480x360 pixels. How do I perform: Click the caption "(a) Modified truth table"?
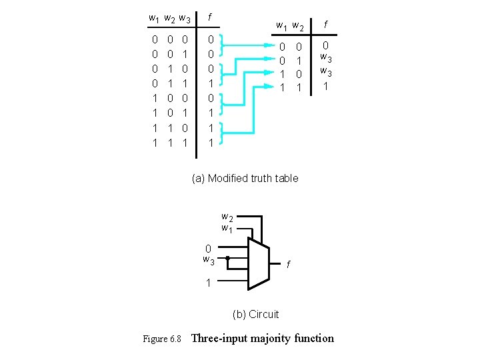point(245,178)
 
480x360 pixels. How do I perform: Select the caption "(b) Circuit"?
point(255,314)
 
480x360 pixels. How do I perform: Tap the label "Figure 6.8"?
point(162,339)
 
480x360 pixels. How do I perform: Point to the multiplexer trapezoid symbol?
point(258,263)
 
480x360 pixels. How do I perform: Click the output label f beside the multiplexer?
point(288,265)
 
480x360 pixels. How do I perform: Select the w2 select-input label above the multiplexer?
point(227,217)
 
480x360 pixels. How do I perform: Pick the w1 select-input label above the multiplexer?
point(227,229)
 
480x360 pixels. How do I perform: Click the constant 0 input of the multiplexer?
point(208,249)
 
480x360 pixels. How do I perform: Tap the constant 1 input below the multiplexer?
point(209,283)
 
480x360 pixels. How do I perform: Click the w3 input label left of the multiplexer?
point(209,259)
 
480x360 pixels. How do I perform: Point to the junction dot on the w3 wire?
point(227,257)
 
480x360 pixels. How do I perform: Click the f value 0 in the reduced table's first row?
point(325,46)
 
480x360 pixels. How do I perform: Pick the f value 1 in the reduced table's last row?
point(325,86)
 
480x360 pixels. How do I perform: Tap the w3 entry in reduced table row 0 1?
point(326,59)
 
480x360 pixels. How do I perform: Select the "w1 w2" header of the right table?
point(291,27)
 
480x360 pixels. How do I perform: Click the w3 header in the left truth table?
point(185,19)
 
